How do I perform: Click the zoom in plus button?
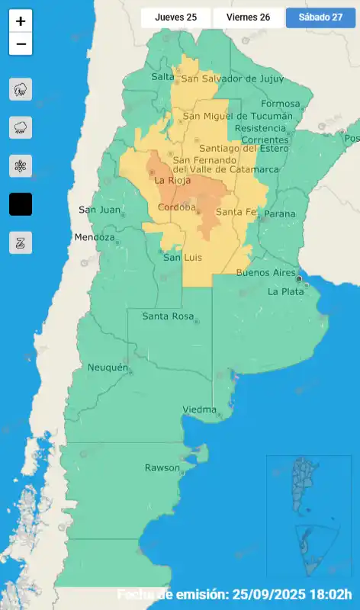click(x=21, y=21)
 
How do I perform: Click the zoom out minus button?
click(x=21, y=44)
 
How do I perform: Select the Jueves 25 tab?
click(x=175, y=18)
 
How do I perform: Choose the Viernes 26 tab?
click(x=248, y=18)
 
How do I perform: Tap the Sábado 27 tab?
click(x=320, y=18)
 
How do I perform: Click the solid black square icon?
click(x=21, y=204)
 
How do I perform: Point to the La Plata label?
click(x=285, y=291)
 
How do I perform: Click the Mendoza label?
click(x=95, y=237)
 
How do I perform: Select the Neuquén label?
click(x=107, y=368)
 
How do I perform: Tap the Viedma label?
click(x=200, y=410)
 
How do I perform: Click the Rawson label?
click(x=162, y=467)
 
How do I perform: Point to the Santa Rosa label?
click(x=168, y=316)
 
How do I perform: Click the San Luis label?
click(x=183, y=258)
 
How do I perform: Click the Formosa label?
click(x=281, y=104)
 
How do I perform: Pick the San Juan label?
click(x=99, y=210)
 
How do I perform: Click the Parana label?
click(x=279, y=213)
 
